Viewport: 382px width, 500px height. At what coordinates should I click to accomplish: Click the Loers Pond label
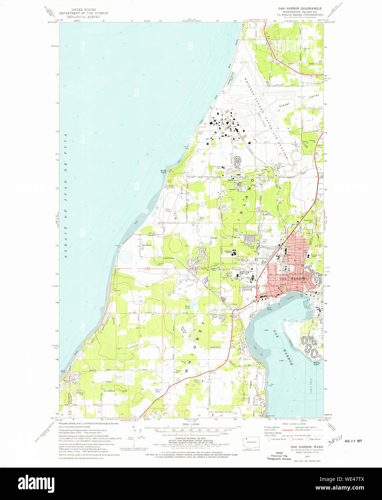[187, 307]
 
